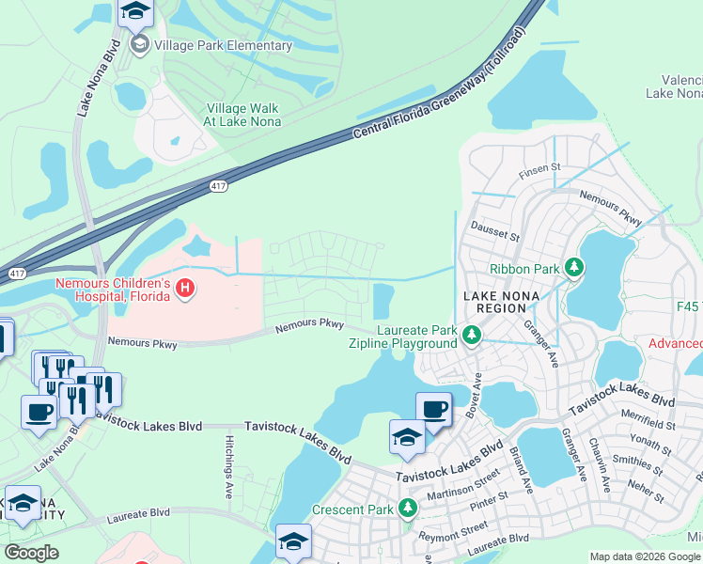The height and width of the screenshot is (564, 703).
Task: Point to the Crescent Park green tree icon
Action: click(407, 509)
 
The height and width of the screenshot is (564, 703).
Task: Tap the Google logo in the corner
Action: click(31, 553)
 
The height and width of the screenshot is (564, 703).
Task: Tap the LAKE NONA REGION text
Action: click(495, 302)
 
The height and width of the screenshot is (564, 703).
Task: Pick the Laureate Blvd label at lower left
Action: click(138, 513)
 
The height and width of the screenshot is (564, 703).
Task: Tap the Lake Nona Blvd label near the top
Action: click(97, 76)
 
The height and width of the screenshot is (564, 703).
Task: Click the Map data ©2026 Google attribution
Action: click(646, 556)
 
